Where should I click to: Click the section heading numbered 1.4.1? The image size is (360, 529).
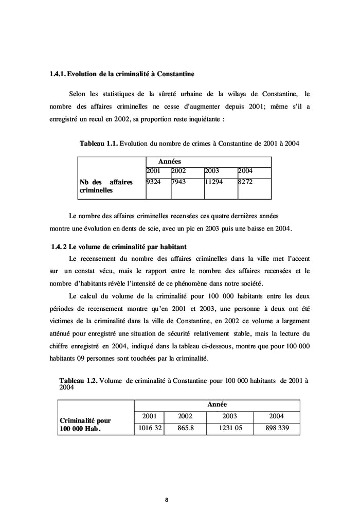121,75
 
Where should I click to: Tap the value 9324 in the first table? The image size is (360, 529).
154,182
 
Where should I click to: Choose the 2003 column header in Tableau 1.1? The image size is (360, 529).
212,171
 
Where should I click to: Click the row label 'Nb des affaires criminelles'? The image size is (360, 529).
106,186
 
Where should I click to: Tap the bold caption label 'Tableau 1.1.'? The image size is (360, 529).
99,144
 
